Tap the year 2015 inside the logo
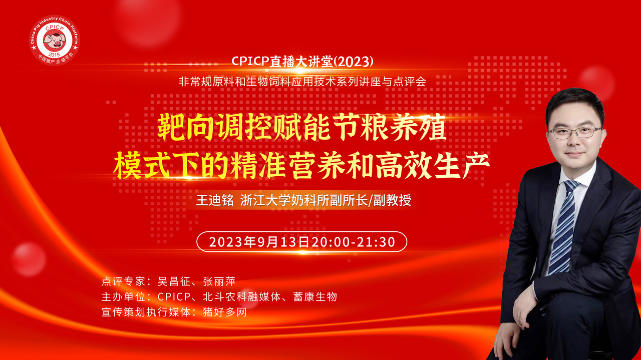(x=55, y=55)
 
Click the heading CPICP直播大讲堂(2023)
(x=302, y=61)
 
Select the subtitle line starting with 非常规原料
(x=302, y=82)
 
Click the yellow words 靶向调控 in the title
(x=214, y=127)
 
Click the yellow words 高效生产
(x=432, y=165)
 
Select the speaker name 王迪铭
(x=215, y=200)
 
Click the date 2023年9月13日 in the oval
(x=259, y=242)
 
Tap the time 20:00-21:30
(x=354, y=242)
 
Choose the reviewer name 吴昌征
(x=174, y=281)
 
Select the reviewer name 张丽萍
(x=219, y=281)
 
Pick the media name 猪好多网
(x=225, y=312)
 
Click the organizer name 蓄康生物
(x=315, y=297)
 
